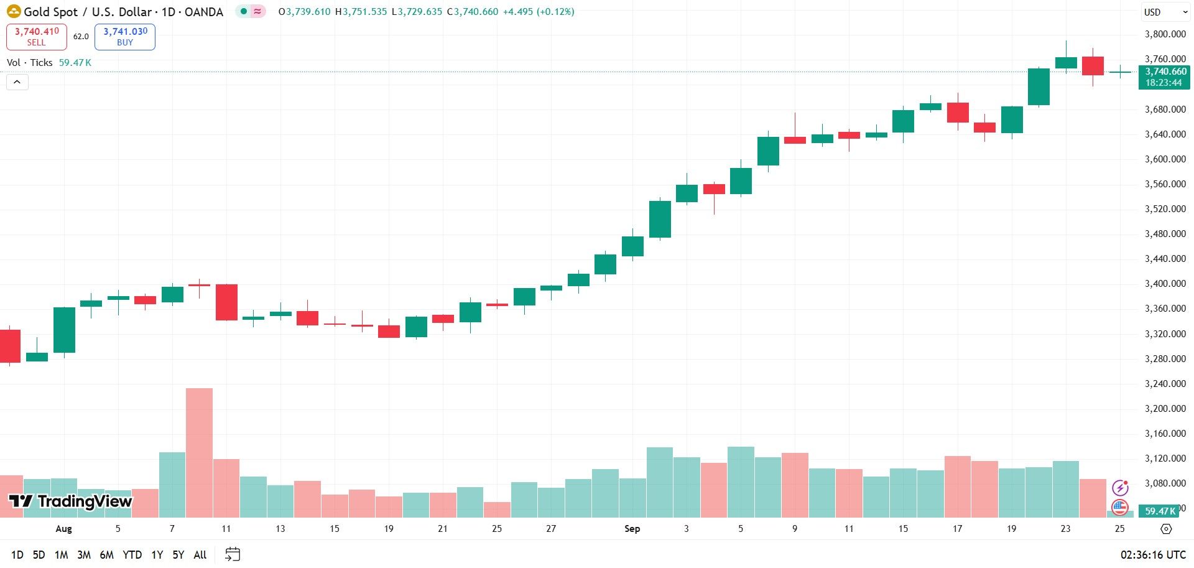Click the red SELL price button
36,37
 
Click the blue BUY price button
125,37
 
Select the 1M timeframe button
61,554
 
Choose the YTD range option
132,554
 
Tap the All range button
200,554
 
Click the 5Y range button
178,554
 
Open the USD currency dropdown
1165,12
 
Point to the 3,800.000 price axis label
1165,34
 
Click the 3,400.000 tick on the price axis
1165,284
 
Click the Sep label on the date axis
632,529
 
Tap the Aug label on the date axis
63,529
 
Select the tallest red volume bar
199,453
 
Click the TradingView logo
70,501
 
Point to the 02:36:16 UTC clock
1153,554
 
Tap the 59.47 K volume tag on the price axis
1160,511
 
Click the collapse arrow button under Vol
17,81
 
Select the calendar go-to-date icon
233,554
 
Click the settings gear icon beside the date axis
1166,529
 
